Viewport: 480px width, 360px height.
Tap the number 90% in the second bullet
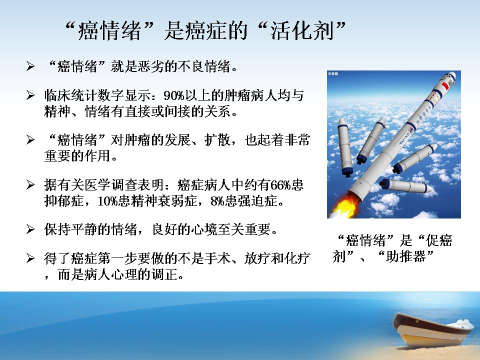coord(174,96)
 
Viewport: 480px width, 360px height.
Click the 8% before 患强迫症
coord(217,201)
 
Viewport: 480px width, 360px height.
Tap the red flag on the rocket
coord(445,86)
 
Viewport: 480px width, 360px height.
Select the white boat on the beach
coord(434,330)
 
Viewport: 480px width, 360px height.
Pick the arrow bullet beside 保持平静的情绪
coord(30,229)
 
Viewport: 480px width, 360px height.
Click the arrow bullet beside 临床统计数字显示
coord(30,95)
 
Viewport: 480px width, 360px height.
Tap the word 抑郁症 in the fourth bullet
coord(63,201)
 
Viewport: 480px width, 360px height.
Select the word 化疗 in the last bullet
coord(297,258)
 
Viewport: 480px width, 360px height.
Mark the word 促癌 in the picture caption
coord(438,240)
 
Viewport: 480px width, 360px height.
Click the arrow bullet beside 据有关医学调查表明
coord(30,184)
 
